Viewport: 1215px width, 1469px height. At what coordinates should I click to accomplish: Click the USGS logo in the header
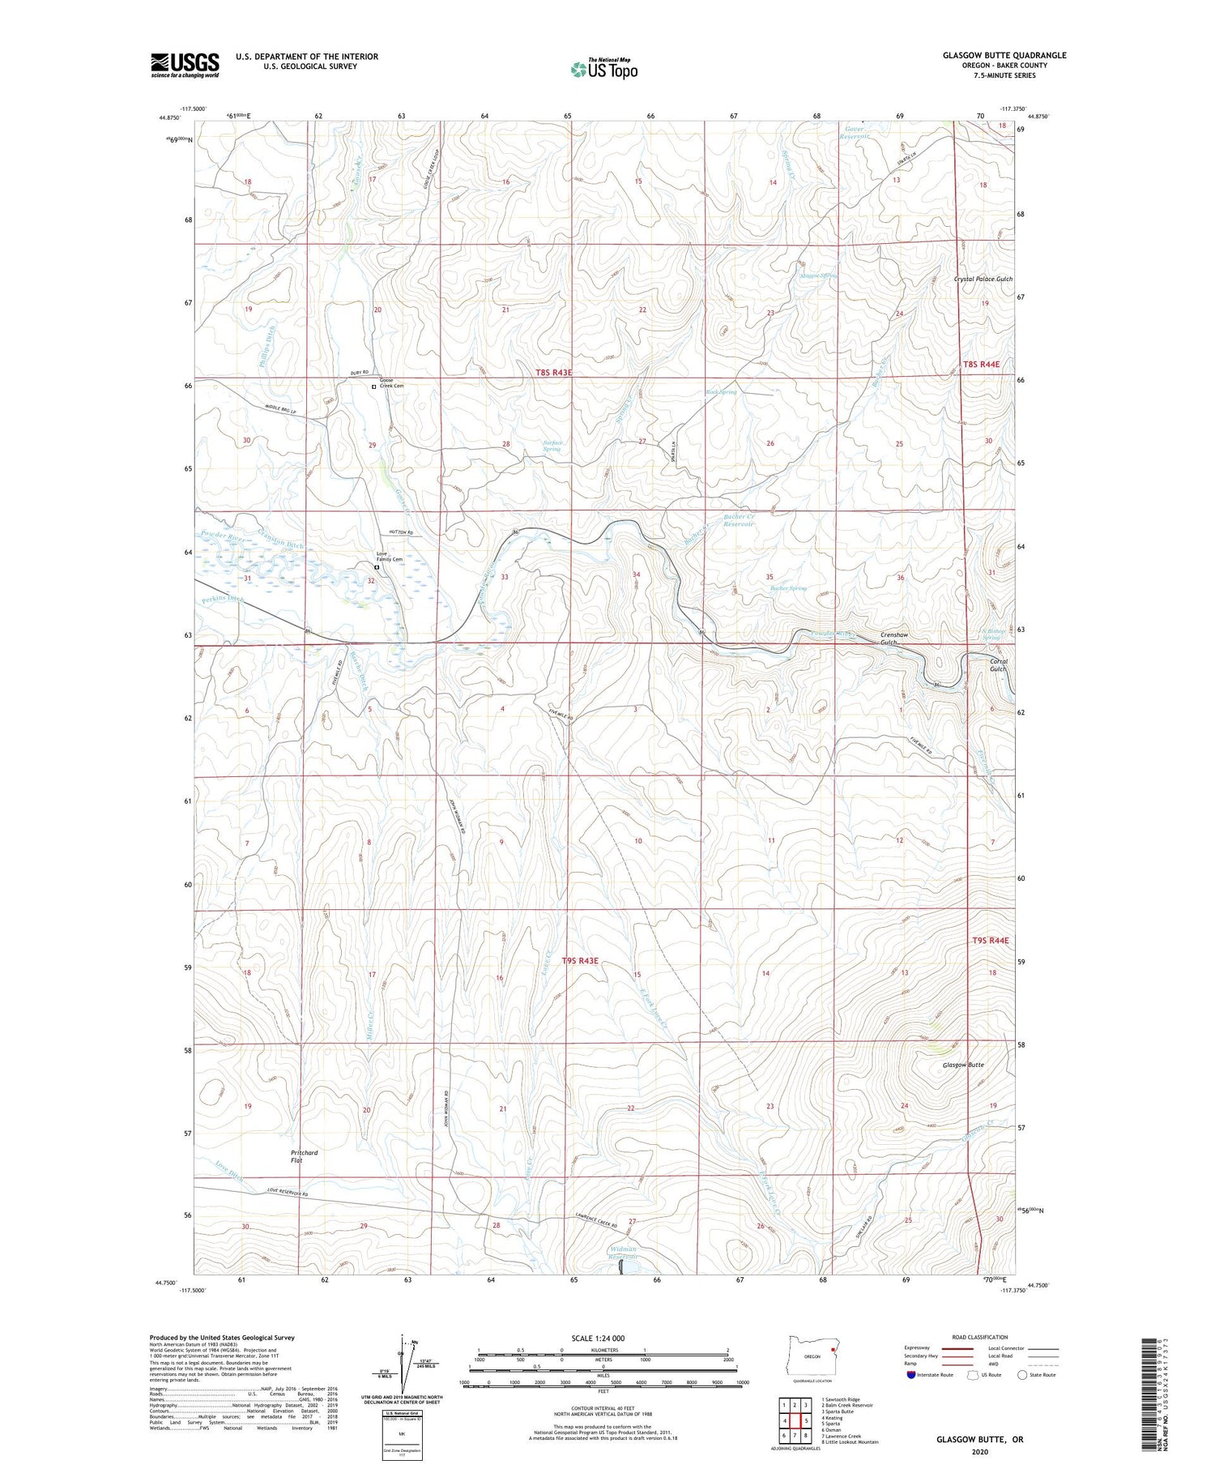point(185,65)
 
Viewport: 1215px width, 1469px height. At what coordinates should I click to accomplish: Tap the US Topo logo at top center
point(603,69)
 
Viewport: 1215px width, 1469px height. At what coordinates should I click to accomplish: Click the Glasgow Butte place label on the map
point(963,1065)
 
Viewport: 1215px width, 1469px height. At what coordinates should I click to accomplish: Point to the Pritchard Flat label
point(305,1156)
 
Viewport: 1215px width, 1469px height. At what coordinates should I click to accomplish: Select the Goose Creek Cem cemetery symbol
point(373,387)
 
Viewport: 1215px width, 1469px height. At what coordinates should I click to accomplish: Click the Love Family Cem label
point(389,557)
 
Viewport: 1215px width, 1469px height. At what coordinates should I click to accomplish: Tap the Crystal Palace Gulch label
point(983,279)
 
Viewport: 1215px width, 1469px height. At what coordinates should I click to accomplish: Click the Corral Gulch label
point(998,665)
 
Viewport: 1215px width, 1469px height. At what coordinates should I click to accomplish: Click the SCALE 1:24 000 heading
point(603,1338)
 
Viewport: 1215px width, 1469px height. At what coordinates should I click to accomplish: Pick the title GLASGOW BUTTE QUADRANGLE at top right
point(1004,56)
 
